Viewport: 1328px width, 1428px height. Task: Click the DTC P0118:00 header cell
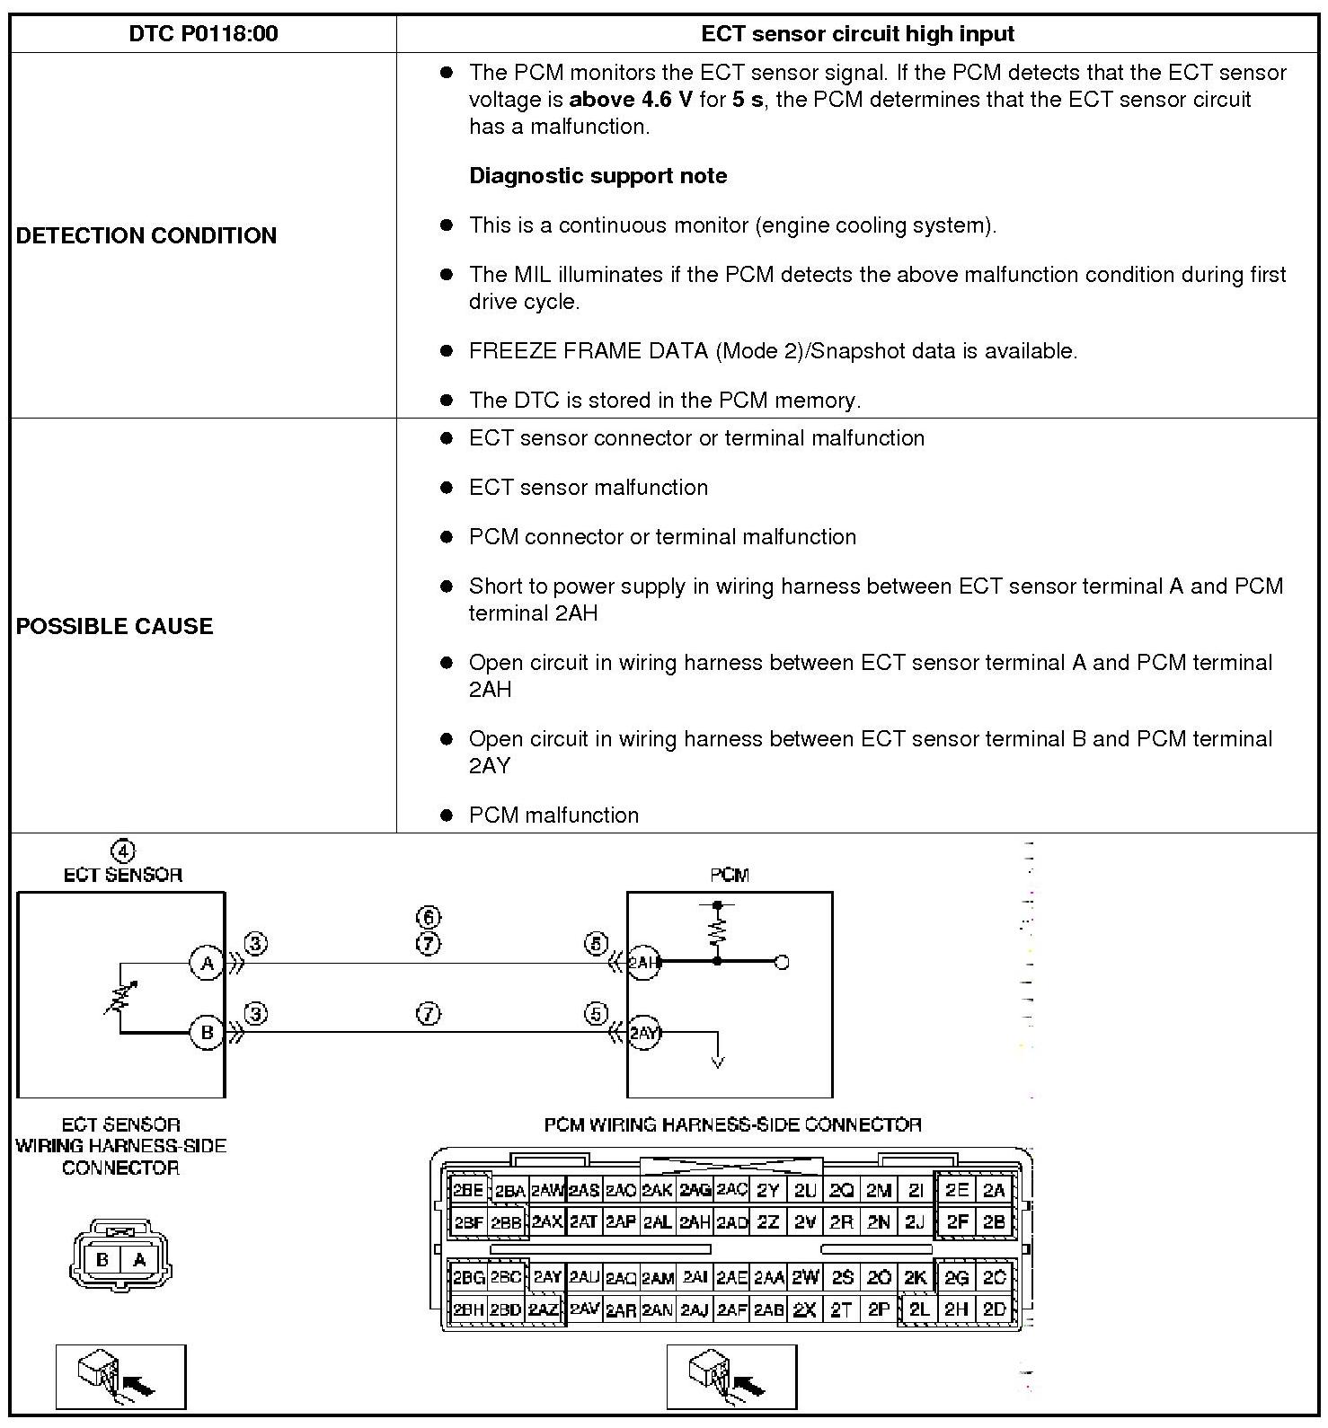[203, 34]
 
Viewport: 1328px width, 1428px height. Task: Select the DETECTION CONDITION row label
[146, 235]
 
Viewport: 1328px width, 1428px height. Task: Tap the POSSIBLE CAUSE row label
[114, 626]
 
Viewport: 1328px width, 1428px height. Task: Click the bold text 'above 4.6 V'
[631, 99]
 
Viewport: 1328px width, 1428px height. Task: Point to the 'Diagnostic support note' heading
[598, 175]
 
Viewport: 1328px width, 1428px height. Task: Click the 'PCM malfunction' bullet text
[553, 815]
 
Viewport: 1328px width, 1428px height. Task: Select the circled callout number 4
[122, 851]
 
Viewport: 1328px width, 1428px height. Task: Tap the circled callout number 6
[429, 917]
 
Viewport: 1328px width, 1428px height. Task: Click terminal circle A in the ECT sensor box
[207, 963]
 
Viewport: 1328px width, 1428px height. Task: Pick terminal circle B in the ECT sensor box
[207, 1032]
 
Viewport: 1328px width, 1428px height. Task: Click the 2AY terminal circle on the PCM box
[643, 1033]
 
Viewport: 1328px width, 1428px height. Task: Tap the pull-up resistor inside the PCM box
[717, 930]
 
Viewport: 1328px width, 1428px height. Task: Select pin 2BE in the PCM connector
[468, 1190]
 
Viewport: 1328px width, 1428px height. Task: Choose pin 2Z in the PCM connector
[768, 1222]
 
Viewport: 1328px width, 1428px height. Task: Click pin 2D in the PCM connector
[995, 1309]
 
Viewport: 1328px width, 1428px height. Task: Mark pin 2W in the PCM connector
[805, 1277]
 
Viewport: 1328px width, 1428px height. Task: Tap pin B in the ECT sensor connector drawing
[102, 1259]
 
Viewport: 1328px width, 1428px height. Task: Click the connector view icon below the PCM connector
[731, 1377]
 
